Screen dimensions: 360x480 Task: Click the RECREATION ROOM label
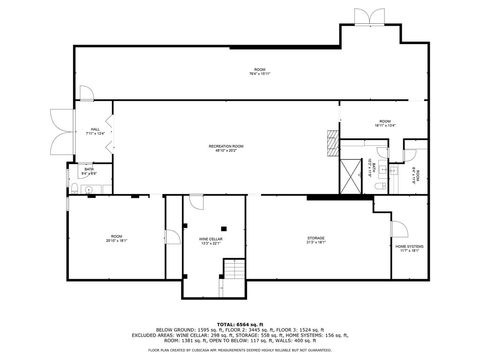pyautogui.click(x=227, y=145)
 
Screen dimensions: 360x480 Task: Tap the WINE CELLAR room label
pyautogui.click(x=210, y=238)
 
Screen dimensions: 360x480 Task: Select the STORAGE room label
pyautogui.click(x=316, y=237)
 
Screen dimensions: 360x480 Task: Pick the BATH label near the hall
pyautogui.click(x=89, y=169)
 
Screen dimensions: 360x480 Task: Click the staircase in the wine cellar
pyautogui.click(x=235, y=271)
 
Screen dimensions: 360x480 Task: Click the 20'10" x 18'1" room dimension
pyautogui.click(x=116, y=241)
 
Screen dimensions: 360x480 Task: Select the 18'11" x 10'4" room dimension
pyautogui.click(x=358, y=126)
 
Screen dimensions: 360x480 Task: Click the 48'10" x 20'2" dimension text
pyautogui.click(x=227, y=150)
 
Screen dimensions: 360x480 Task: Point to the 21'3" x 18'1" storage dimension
pyautogui.click(x=316, y=242)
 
